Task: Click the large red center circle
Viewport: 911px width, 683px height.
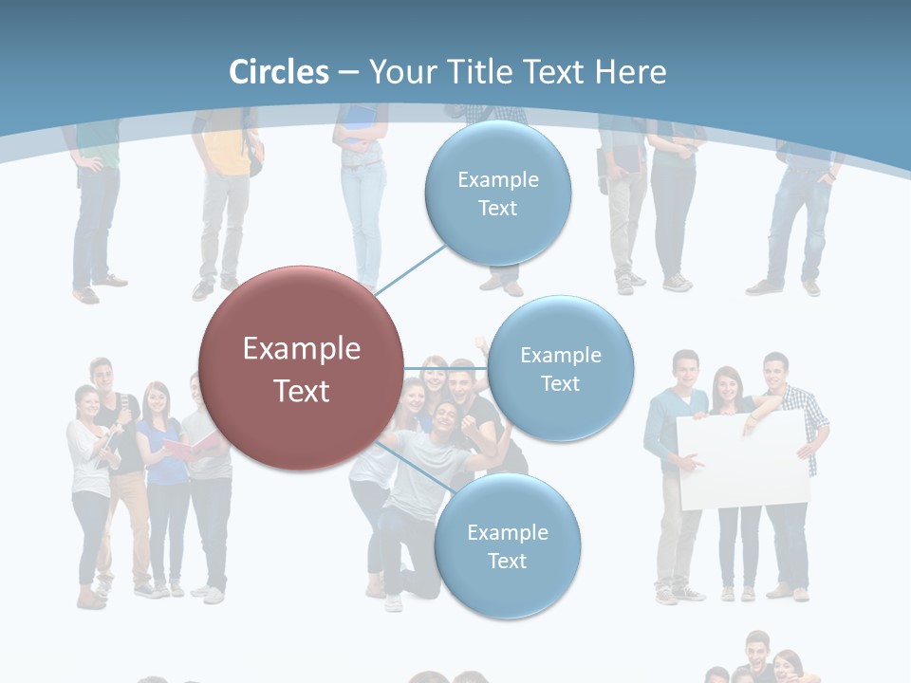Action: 300,368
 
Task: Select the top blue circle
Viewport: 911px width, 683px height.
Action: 497,193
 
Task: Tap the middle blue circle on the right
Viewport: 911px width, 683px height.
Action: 560,368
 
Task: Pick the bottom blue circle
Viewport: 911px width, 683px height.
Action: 507,545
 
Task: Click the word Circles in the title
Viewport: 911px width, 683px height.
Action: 279,72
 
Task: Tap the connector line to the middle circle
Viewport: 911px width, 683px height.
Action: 445,368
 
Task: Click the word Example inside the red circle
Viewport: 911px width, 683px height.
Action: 302,348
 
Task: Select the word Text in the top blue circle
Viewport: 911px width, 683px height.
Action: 497,208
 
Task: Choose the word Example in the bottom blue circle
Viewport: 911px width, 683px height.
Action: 507,532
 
